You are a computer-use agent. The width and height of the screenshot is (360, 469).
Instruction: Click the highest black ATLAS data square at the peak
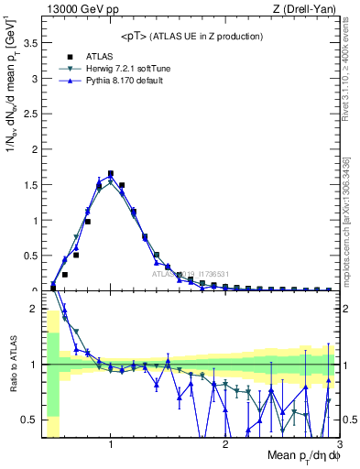click(111, 173)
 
